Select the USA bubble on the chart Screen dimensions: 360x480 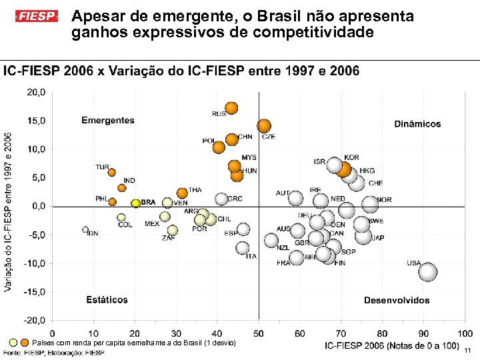[x=427, y=271]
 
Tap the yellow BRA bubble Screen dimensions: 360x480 [x=135, y=203]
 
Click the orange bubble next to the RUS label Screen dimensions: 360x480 [x=231, y=108]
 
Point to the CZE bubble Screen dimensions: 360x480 [x=264, y=126]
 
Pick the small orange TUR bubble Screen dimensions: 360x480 [x=112, y=173]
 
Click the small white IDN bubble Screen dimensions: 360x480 [x=85, y=229]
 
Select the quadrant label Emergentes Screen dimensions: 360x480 [x=108, y=121]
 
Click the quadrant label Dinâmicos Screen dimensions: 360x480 [x=417, y=124]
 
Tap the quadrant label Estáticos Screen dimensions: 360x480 [x=107, y=300]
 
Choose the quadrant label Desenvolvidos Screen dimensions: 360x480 [x=397, y=301]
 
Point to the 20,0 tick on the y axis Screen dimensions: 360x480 [x=36, y=93]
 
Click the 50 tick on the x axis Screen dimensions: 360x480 [x=259, y=333]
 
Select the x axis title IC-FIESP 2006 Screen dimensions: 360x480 [x=391, y=345]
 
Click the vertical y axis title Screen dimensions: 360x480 [x=8, y=211]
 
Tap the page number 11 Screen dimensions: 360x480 [x=467, y=351]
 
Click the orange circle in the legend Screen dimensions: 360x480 [x=25, y=343]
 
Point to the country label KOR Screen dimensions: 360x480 [x=351, y=158]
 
